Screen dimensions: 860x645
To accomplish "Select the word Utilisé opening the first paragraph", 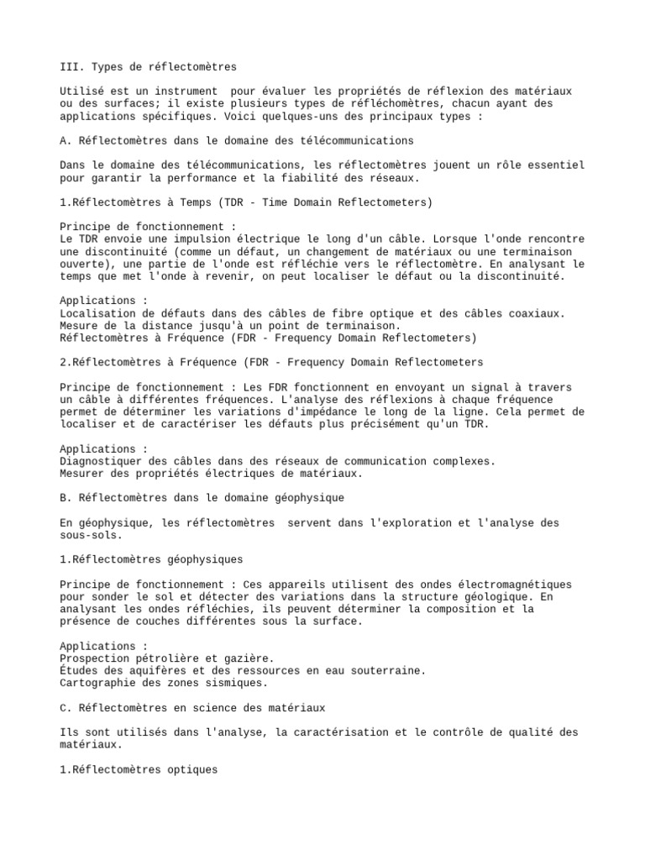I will tap(81, 91).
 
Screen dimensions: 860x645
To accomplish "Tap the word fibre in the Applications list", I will tap(308, 313).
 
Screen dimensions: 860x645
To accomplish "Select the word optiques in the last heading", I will tap(190, 769).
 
